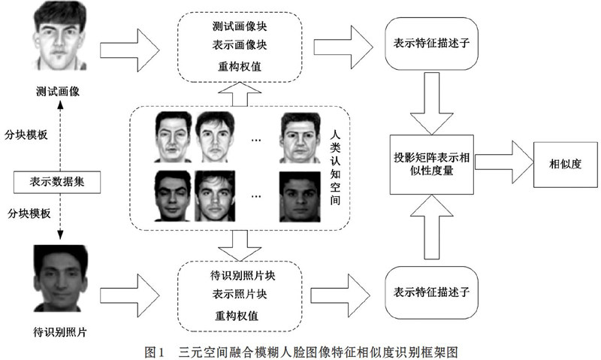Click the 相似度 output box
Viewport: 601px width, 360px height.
click(x=566, y=165)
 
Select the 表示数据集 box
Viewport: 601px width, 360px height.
click(x=57, y=182)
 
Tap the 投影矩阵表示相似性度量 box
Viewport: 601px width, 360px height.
click(x=431, y=164)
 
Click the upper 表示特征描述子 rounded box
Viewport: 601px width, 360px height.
click(x=431, y=44)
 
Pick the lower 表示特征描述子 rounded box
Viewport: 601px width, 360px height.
click(x=431, y=292)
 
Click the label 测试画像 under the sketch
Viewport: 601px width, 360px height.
click(x=58, y=91)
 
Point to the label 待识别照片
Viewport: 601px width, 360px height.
click(x=60, y=331)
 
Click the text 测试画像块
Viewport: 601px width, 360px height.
click(x=240, y=26)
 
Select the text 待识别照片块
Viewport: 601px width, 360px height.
click(x=243, y=275)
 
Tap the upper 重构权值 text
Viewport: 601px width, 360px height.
click(x=240, y=66)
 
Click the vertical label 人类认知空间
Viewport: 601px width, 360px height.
click(x=335, y=168)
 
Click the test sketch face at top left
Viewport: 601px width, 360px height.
click(x=59, y=35)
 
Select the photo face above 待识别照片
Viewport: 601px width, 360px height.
click(x=61, y=278)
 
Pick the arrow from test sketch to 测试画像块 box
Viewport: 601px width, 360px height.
click(x=129, y=50)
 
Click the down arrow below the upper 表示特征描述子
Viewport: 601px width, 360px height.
click(x=431, y=103)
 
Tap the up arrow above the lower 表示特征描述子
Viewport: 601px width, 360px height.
click(x=431, y=227)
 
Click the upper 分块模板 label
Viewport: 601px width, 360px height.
click(x=26, y=135)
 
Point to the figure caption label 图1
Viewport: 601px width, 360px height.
click(x=155, y=352)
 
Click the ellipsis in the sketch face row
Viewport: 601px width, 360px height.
click(x=256, y=141)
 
